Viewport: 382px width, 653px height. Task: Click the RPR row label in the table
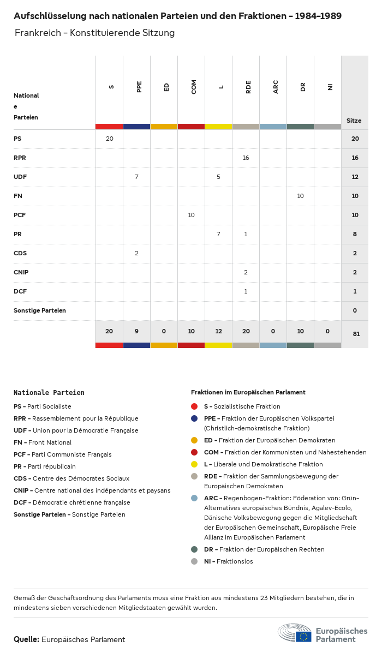point(20,158)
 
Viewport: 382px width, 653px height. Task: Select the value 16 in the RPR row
point(246,158)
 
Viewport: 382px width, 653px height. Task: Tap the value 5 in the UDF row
point(218,177)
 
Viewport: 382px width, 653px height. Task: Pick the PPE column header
point(139,86)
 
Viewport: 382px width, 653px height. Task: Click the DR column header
point(303,86)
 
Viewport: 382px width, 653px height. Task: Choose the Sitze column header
point(354,121)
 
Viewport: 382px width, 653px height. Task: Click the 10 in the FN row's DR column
point(300,196)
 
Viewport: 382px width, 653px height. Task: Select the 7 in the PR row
point(218,234)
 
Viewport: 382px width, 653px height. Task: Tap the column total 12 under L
point(218,331)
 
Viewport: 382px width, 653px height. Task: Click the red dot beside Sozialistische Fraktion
point(194,406)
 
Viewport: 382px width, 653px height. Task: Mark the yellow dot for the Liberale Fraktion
point(194,464)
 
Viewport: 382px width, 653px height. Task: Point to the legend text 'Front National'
point(50,442)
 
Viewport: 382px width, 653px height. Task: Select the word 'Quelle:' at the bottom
point(26,639)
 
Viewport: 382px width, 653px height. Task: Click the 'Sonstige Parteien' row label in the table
point(40,310)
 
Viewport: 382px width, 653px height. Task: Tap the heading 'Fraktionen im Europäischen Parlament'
point(248,392)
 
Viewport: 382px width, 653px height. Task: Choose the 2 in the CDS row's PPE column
point(136,253)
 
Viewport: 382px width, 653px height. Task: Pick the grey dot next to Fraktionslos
point(194,561)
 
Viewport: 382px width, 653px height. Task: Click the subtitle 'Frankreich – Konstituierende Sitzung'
point(94,33)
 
